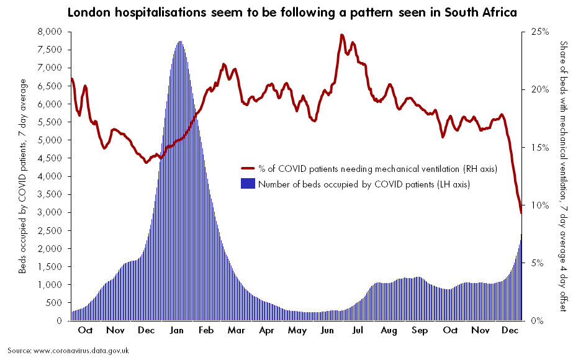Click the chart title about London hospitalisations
[292, 12]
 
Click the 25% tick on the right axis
[539, 32]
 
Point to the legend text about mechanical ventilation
[377, 168]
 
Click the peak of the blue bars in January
[179, 42]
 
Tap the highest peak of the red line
[342, 35]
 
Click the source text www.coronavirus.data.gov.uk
[68, 351]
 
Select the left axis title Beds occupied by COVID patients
[23, 176]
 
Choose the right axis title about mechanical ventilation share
[564, 176]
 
